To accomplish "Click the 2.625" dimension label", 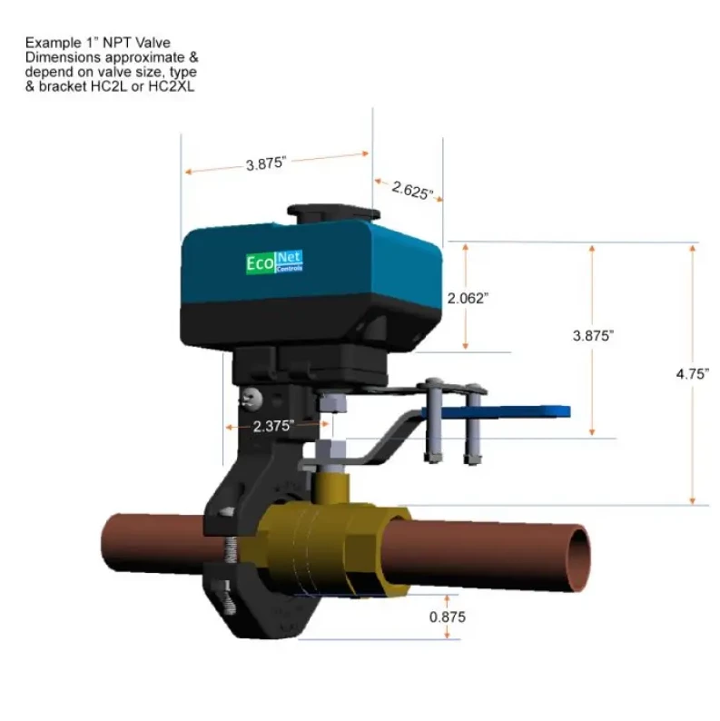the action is (x=412, y=190).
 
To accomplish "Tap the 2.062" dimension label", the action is (x=468, y=299).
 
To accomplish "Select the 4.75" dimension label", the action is (x=693, y=374).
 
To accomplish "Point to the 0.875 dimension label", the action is (x=448, y=617).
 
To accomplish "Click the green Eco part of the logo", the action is (x=261, y=263).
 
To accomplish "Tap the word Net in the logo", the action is (x=290, y=258).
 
